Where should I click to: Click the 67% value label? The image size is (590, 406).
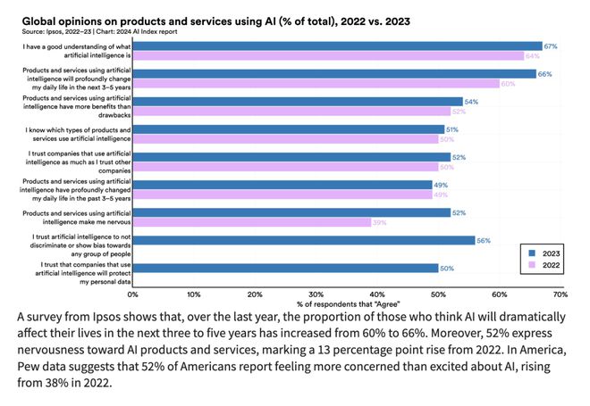tap(551, 46)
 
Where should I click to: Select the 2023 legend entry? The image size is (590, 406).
tap(547, 254)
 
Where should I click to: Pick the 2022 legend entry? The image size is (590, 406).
tap(547, 266)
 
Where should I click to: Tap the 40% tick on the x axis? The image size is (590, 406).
tap(376, 293)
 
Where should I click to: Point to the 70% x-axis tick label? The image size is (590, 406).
tap(560, 293)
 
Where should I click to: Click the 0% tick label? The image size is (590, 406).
tap(132, 293)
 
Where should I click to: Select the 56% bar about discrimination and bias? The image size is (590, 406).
tap(304, 240)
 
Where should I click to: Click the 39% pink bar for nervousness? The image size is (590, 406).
tap(252, 222)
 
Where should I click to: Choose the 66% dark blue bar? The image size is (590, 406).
tap(334, 74)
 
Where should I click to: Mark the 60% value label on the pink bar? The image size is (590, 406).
tap(507, 84)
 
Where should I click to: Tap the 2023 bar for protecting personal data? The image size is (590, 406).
tap(285, 268)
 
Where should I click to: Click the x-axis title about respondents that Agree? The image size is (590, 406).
tap(346, 304)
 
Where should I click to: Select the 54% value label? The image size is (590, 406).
tap(471, 102)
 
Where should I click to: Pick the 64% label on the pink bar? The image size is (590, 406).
tap(531, 55)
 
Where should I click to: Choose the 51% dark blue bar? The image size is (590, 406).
tap(289, 129)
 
